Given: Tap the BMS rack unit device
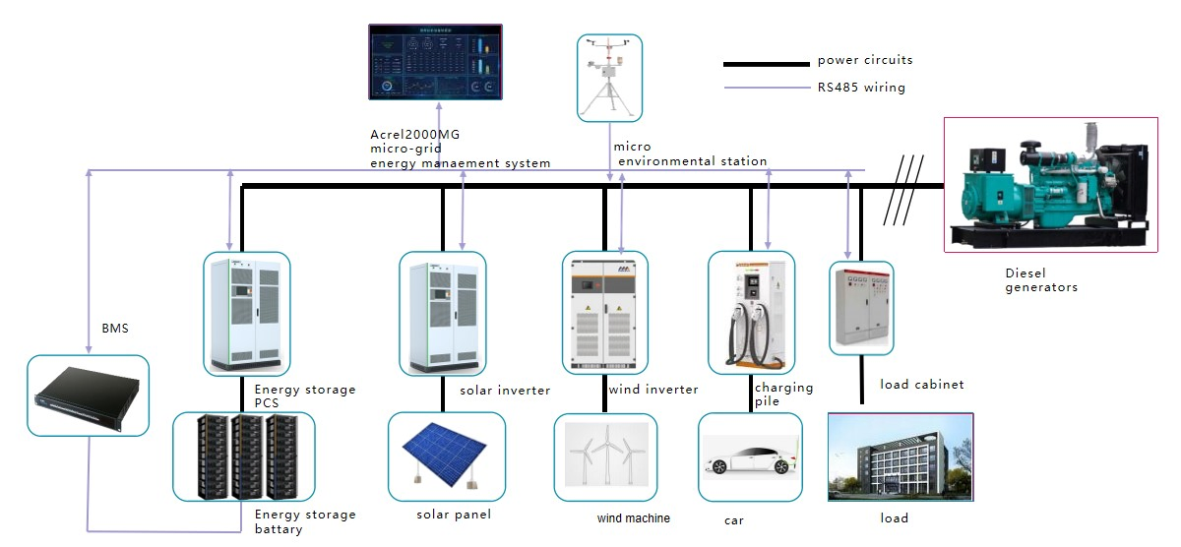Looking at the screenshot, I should (x=88, y=395).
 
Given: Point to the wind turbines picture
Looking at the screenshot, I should (x=605, y=457).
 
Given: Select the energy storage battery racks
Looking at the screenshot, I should (x=243, y=456).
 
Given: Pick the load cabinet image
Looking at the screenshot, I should (x=861, y=307).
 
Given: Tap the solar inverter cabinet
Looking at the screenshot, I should (x=442, y=313).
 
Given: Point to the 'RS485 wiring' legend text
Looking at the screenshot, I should (x=861, y=88).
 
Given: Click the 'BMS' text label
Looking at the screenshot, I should (x=115, y=328).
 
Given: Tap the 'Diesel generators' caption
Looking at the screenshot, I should (x=1040, y=280).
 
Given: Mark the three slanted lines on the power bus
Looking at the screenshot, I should (x=903, y=185).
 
